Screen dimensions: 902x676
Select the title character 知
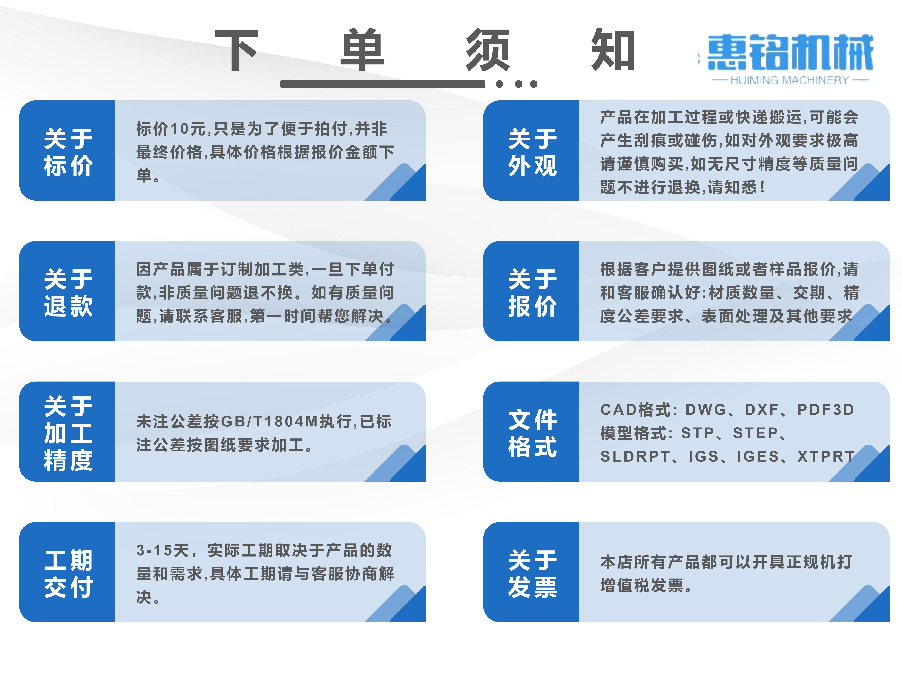(x=613, y=50)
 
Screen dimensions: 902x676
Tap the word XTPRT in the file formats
(x=826, y=456)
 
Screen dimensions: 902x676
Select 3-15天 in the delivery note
(x=162, y=550)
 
